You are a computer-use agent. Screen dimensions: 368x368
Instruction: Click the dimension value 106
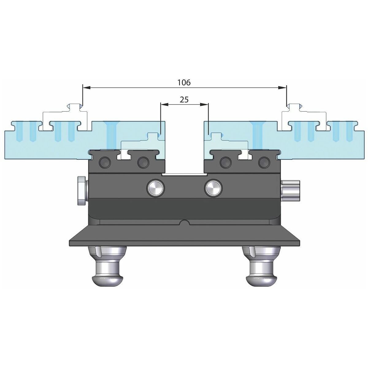[184, 82]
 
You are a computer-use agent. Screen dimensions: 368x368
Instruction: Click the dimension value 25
[184, 100]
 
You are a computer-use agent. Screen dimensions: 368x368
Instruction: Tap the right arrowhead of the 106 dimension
[282, 87]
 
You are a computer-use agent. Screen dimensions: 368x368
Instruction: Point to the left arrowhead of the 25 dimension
[164, 105]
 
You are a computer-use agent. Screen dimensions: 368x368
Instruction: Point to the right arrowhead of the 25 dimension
[204, 105]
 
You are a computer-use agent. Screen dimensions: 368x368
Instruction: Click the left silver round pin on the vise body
[156, 188]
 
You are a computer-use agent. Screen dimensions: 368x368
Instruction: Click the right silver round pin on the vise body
[213, 188]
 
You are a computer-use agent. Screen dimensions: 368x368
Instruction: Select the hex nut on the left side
[82, 191]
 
